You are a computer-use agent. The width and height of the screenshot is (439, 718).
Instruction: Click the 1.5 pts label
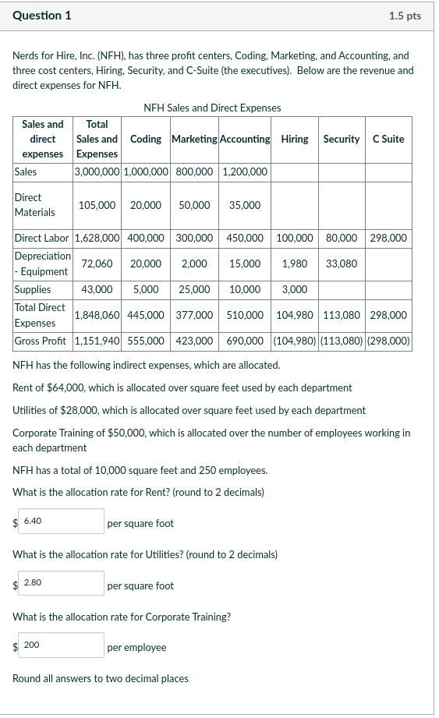(x=404, y=16)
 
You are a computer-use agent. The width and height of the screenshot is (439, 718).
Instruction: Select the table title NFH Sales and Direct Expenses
(x=213, y=108)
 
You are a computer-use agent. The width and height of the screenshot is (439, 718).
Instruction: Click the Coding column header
(x=146, y=139)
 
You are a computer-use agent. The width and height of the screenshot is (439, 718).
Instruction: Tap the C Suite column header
(x=388, y=139)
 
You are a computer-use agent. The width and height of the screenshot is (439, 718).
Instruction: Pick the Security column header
(x=342, y=139)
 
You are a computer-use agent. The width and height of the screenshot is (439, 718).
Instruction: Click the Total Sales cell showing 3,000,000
(x=97, y=172)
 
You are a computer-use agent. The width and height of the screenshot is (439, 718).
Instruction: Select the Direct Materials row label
(x=35, y=205)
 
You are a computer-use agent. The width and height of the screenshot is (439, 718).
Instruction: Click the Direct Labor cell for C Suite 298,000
(x=388, y=238)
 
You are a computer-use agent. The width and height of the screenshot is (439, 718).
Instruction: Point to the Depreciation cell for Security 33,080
(x=342, y=264)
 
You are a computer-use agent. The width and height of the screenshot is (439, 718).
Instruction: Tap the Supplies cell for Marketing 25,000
(x=194, y=289)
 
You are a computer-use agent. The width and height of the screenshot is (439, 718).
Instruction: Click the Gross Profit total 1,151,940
(x=97, y=341)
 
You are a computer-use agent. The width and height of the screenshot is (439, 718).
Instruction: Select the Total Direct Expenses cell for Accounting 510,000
(x=245, y=315)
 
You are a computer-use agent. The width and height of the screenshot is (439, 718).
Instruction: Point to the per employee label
(x=136, y=647)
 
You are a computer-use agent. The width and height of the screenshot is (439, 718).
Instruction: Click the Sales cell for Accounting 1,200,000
(x=245, y=172)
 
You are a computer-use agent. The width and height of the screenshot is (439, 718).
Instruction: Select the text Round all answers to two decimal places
(x=101, y=678)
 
